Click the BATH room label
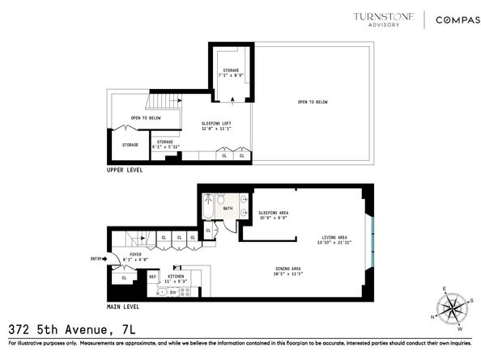pyautogui.click(x=227, y=209)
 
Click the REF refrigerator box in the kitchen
pyautogui.click(x=152, y=277)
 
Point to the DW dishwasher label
pyautogui.click(x=184, y=292)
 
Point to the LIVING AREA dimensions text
pyautogui.click(x=334, y=244)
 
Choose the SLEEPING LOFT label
pyautogui.click(x=215, y=125)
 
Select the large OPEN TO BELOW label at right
pyautogui.click(x=312, y=102)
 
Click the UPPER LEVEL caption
pyautogui.click(x=126, y=172)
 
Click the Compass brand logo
pyautogui.click(x=449, y=19)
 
